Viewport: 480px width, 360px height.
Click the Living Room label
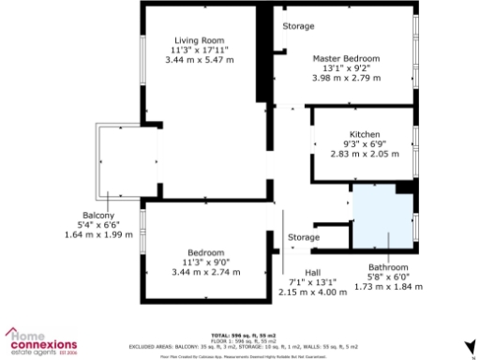coord(198,39)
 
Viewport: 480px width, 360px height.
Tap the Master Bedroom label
coord(352,58)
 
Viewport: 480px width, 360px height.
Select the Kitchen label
coord(364,134)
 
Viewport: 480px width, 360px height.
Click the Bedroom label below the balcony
coord(204,252)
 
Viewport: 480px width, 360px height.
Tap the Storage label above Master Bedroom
coord(299,26)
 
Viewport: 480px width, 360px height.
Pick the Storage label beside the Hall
coord(303,237)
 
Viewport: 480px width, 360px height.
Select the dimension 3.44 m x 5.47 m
coord(198,60)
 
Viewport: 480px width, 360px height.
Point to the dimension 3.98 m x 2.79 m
coord(352,78)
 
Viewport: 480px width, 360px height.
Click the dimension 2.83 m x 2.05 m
coord(364,154)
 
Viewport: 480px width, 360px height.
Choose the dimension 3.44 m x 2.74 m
coord(204,272)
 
